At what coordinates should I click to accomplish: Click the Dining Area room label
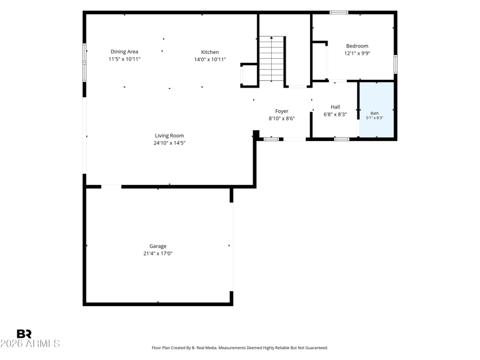(x=124, y=52)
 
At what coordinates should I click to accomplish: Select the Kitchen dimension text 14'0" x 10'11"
(x=210, y=59)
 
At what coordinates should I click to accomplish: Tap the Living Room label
(x=169, y=136)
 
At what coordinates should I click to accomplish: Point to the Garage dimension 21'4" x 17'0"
(x=158, y=253)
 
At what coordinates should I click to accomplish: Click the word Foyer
(x=281, y=112)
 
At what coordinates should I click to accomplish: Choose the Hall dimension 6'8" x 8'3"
(x=335, y=115)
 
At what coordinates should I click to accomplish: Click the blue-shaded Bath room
(x=376, y=110)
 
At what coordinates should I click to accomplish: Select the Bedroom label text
(x=357, y=46)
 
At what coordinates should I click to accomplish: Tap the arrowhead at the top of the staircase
(x=272, y=38)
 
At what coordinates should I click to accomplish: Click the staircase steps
(x=272, y=59)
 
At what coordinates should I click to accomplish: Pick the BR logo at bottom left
(x=24, y=334)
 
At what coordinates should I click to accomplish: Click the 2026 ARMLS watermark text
(x=30, y=343)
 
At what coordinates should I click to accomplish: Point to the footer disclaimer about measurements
(x=240, y=348)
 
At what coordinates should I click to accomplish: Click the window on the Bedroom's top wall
(x=339, y=13)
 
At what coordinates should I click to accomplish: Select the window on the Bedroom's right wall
(x=395, y=64)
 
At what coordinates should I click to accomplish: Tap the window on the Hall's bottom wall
(x=341, y=139)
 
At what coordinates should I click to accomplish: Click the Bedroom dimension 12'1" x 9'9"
(x=358, y=53)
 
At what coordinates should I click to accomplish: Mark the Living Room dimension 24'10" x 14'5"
(x=170, y=143)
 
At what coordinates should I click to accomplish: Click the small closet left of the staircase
(x=250, y=76)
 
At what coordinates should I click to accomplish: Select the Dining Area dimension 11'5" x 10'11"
(x=125, y=59)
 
